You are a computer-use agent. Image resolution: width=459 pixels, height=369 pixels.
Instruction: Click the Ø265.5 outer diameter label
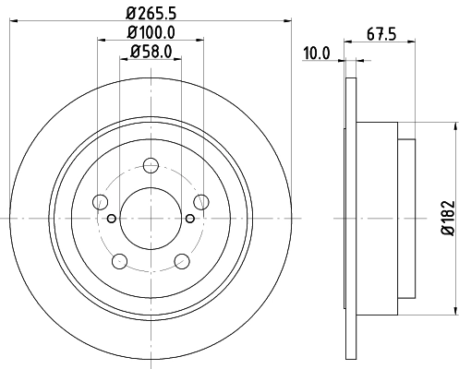click(x=151, y=14)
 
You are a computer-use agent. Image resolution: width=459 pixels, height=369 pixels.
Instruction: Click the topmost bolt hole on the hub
click(x=150, y=166)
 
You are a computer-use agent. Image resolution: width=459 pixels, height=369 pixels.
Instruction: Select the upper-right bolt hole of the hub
click(x=199, y=202)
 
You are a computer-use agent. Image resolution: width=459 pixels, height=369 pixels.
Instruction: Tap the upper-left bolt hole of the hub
click(x=100, y=202)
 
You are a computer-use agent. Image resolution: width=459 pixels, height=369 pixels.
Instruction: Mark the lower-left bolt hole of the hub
click(x=119, y=261)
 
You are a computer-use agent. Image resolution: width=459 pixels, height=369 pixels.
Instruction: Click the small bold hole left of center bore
click(x=111, y=218)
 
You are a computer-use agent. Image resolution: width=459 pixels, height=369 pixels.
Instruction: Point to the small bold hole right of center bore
click(x=189, y=218)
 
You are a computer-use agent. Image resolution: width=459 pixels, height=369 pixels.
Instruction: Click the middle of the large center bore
click(x=150, y=218)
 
